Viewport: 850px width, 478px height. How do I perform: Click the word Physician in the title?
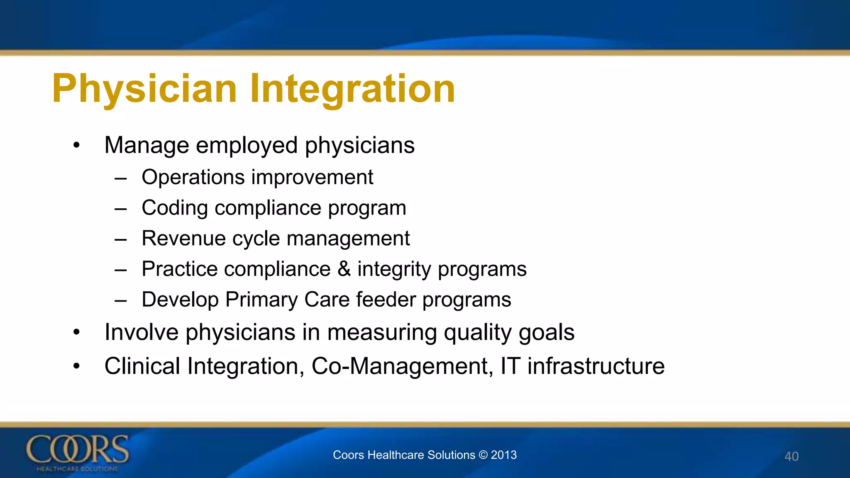(144, 88)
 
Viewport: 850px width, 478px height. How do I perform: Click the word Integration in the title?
(352, 88)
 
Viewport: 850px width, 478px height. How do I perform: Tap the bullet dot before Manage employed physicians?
(76, 146)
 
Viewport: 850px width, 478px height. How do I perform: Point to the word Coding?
(175, 208)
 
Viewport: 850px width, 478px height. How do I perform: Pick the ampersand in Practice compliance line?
(344, 269)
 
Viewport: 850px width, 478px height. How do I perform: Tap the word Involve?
(142, 332)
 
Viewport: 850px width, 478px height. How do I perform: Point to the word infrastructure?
(596, 366)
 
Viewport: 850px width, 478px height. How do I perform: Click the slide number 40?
(791, 456)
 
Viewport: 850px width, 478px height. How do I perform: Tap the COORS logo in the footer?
(78, 452)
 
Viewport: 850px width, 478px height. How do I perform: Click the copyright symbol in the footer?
(483, 455)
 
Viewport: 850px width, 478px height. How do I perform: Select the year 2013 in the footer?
(504, 455)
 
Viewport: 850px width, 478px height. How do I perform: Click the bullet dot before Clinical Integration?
(76, 366)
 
